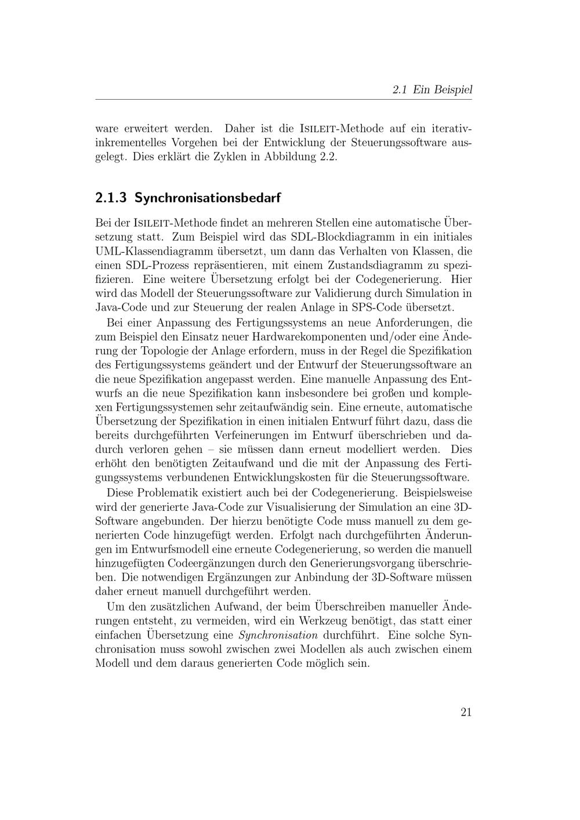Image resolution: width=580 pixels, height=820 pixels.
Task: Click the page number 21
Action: point(466,713)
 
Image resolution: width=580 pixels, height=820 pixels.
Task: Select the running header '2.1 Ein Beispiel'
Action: point(432,90)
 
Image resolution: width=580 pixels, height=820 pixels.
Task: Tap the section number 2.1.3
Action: point(111,198)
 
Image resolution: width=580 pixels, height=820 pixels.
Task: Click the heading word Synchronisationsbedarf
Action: point(208,198)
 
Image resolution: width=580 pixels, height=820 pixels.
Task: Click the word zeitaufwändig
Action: point(282,407)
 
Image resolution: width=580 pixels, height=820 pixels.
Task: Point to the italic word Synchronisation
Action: point(278,635)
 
